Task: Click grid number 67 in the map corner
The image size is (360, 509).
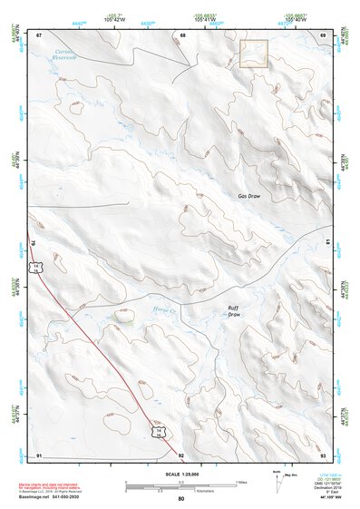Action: [39, 34]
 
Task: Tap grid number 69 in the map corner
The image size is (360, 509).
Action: [324, 34]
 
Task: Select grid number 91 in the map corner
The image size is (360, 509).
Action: [39, 454]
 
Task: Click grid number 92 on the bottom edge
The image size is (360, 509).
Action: [181, 454]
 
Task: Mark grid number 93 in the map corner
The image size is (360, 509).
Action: [324, 454]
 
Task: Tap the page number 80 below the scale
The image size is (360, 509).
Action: [181, 499]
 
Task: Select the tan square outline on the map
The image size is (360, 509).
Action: [253, 54]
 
